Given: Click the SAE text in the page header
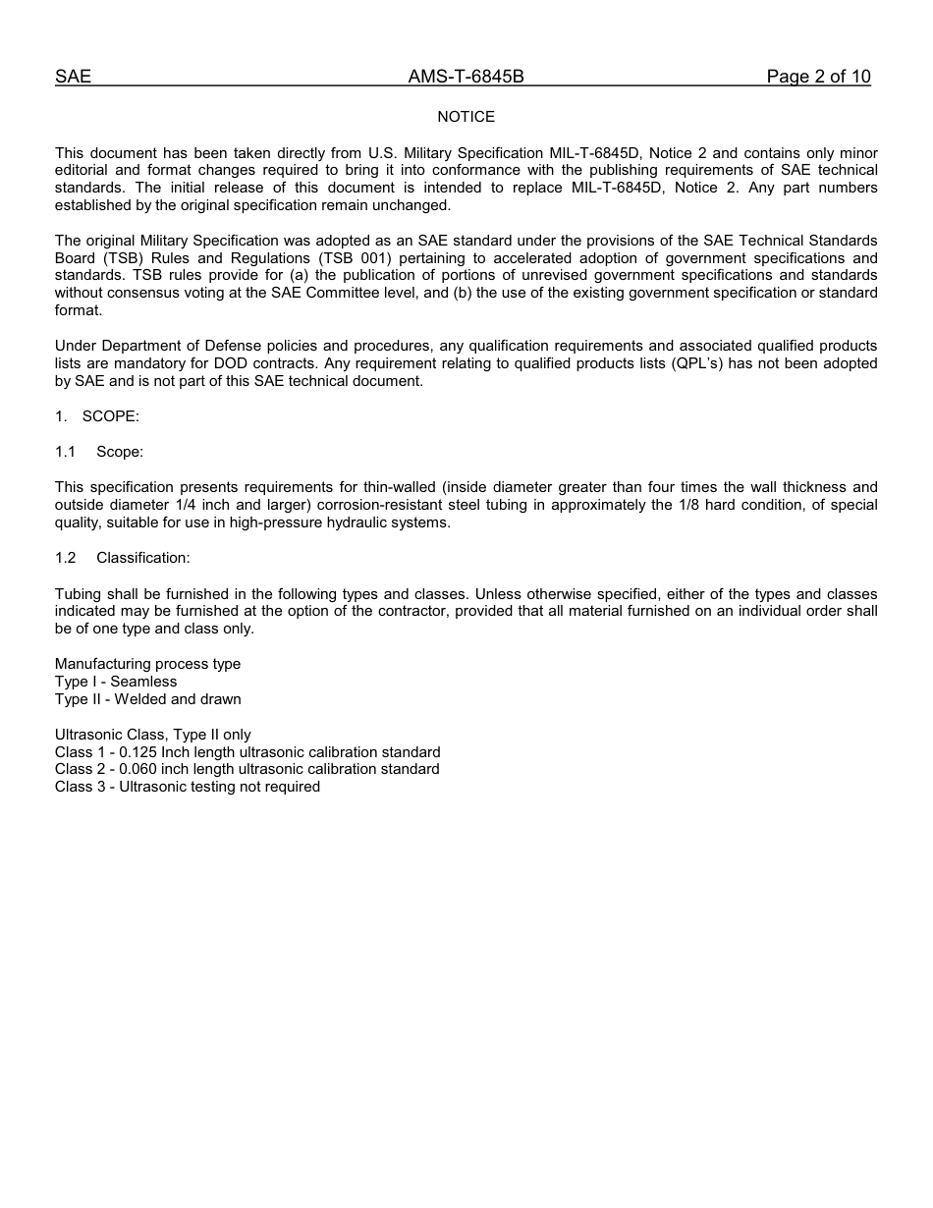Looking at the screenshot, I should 73,77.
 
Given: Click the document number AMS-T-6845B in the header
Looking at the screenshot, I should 466,77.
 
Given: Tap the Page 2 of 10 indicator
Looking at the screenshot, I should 818,77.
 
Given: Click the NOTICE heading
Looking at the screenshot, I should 466,117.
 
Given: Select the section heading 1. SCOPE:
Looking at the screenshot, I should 97,416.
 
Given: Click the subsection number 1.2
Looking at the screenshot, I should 66,558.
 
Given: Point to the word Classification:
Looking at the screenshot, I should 143,558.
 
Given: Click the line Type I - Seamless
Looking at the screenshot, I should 116,682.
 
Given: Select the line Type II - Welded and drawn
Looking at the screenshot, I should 147,699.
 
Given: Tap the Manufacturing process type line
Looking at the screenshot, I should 147,664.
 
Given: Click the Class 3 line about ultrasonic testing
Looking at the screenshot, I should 187,787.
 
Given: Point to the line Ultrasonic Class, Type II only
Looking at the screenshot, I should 152,735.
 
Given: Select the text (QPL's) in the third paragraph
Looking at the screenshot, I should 703,363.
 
